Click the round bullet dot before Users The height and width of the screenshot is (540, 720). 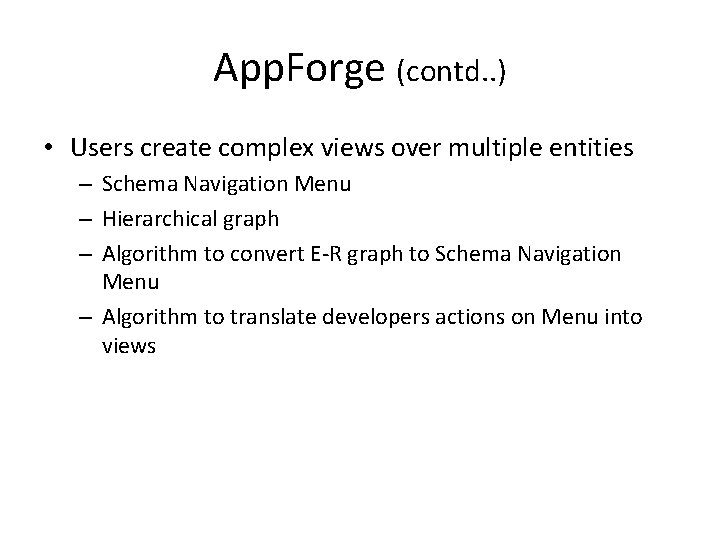(48, 150)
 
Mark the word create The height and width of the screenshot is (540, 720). (172, 149)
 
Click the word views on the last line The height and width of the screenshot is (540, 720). (129, 348)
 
